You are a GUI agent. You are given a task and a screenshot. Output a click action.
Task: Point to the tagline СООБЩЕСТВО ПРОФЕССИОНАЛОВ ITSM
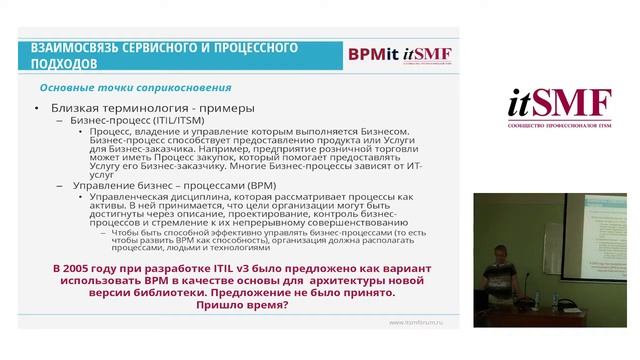[560, 129]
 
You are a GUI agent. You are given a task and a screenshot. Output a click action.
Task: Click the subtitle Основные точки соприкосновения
[129, 88]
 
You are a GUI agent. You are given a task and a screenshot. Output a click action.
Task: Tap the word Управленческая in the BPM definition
[128, 198]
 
